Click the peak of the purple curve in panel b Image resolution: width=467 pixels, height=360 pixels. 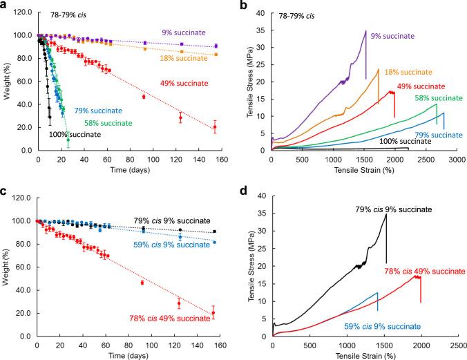365,30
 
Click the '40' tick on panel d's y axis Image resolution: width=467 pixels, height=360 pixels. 265,196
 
